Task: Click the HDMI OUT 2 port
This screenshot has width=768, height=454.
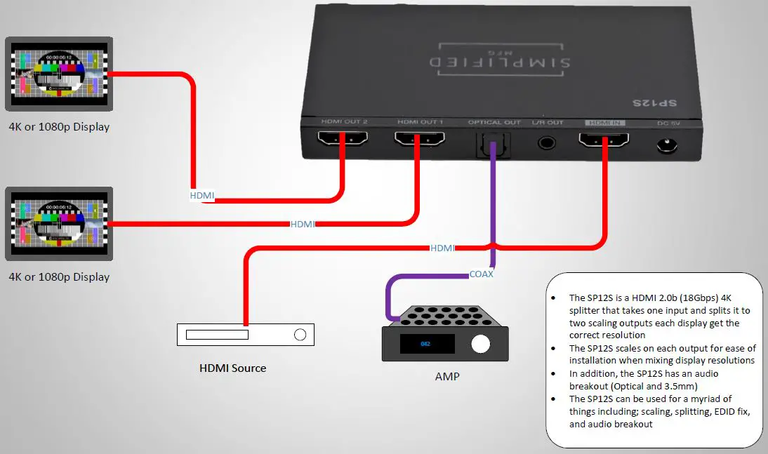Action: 343,140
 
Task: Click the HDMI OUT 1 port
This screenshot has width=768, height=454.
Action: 419,140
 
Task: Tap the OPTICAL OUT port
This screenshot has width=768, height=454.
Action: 494,144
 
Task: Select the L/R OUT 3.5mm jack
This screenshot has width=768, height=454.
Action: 548,142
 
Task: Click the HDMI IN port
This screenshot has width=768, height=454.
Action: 604,140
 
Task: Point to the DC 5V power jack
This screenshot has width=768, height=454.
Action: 667,146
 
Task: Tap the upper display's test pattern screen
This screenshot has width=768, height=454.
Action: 59,72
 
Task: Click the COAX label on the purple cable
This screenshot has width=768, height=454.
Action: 482,274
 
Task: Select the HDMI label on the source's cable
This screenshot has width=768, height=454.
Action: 442,248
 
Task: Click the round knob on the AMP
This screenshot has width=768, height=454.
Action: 481,344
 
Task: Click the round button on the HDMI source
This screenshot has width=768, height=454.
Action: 300,335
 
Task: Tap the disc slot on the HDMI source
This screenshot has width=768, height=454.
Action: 217,335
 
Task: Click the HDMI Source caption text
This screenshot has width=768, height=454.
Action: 233,368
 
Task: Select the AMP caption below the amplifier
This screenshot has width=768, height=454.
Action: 446,377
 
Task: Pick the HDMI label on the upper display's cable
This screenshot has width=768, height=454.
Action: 203,196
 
